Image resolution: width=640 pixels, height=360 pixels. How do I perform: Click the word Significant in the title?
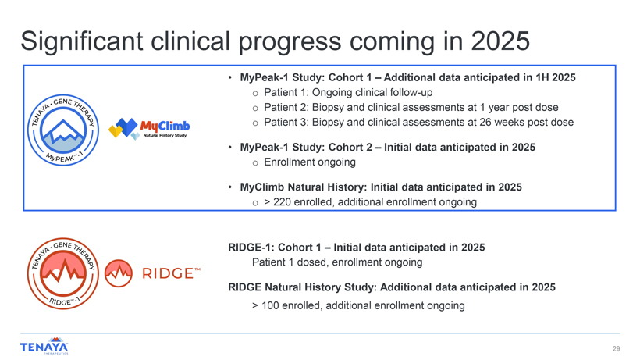[x=82, y=42]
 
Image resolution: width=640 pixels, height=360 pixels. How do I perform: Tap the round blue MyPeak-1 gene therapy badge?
[x=63, y=130]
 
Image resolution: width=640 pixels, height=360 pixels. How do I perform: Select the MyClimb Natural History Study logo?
[x=149, y=129]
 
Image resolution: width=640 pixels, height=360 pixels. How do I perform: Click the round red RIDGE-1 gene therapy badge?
[x=63, y=273]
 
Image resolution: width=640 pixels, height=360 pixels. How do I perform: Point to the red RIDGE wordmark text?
[x=172, y=273]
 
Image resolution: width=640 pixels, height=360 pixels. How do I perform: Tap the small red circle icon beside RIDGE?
[x=119, y=273]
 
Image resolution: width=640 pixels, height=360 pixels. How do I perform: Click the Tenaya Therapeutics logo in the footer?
[x=44, y=346]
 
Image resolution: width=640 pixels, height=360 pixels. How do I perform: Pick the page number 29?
[x=616, y=348]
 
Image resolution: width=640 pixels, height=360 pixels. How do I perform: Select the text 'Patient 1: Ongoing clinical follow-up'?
[x=348, y=93]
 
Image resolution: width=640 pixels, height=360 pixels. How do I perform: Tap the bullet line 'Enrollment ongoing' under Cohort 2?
[x=310, y=162]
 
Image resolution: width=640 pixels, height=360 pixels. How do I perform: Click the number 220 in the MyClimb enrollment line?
[x=282, y=202]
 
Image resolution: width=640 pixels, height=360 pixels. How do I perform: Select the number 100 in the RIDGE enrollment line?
[x=270, y=305]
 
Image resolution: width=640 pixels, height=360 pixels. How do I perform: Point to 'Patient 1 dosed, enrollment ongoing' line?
[x=337, y=262]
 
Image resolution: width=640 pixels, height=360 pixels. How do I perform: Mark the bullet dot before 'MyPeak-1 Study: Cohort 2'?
[x=230, y=148]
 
